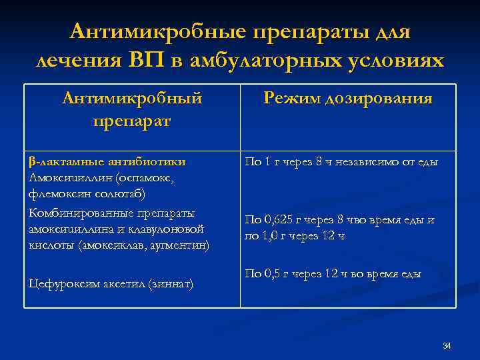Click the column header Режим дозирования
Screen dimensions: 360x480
347,99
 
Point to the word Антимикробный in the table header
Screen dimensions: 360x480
131,99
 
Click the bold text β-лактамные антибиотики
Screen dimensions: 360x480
107,161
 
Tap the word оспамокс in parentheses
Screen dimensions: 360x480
143,177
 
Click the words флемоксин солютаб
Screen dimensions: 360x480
87,194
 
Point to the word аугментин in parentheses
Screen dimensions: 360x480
179,245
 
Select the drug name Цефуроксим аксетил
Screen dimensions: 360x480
79,283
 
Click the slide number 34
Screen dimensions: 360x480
447,345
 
